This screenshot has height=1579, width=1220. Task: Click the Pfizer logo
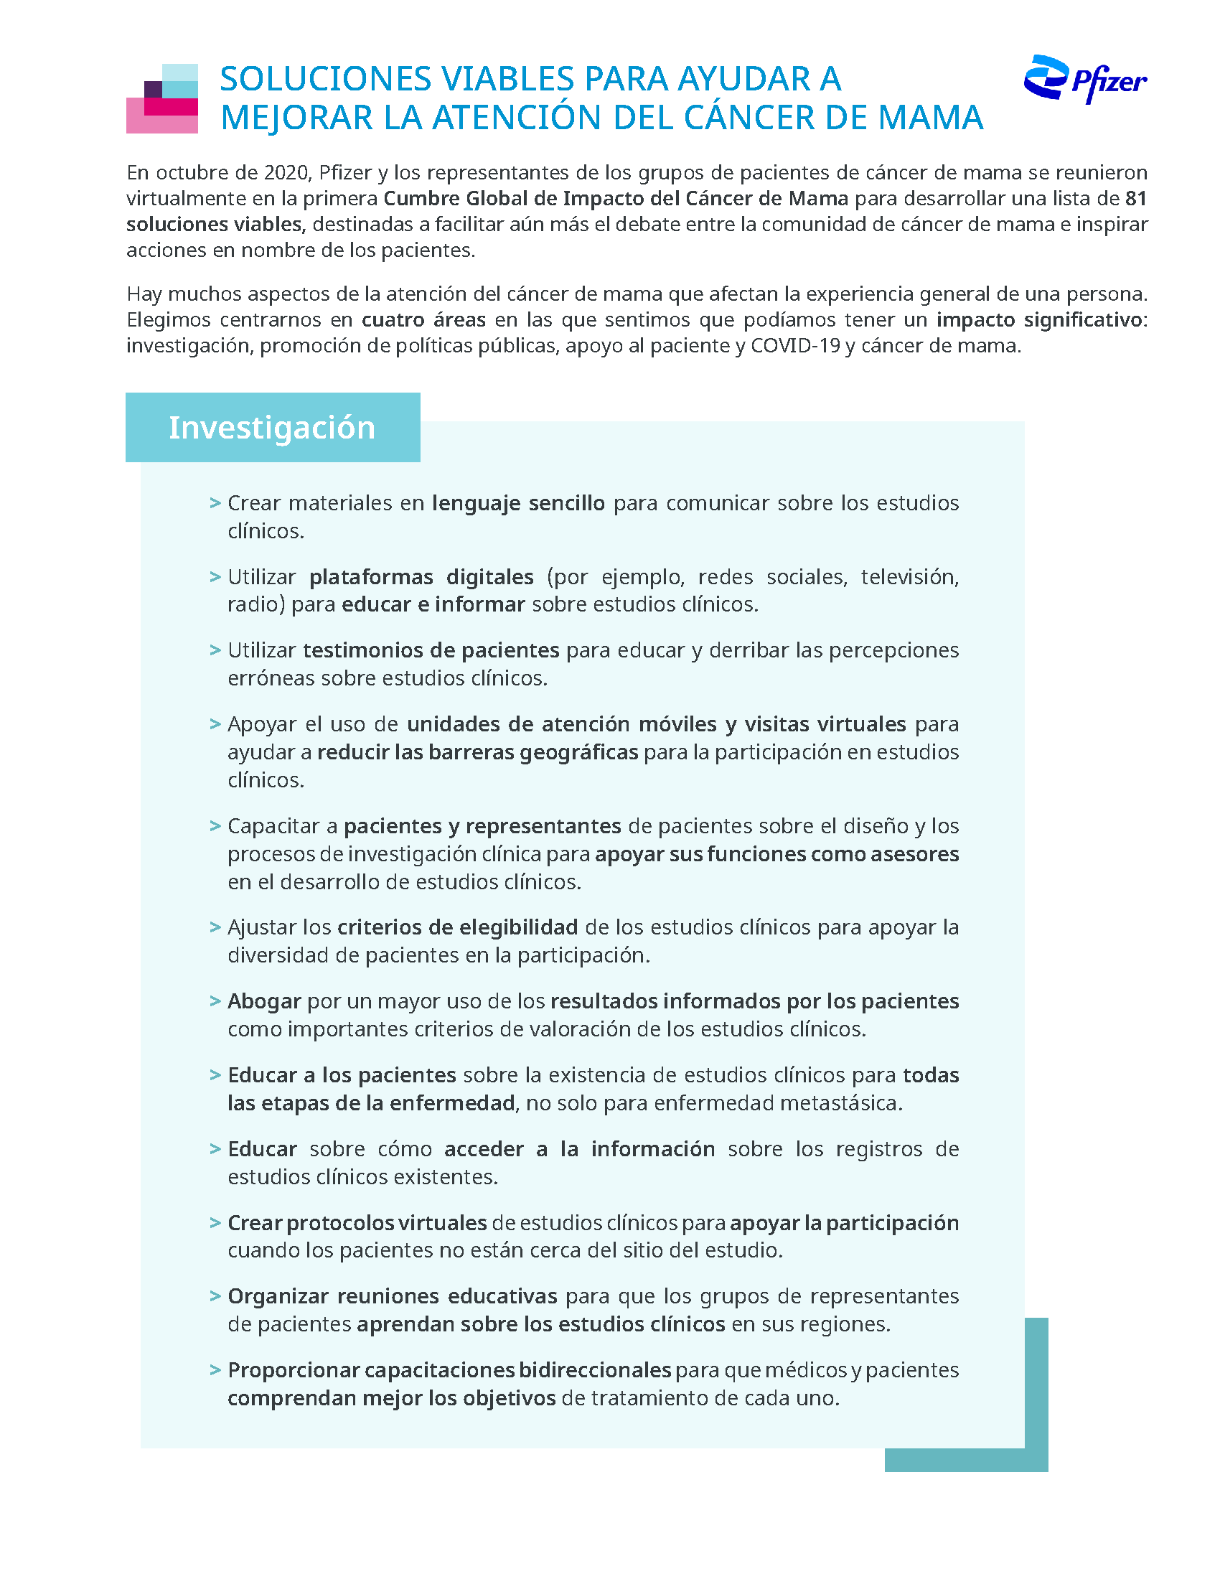tap(1084, 80)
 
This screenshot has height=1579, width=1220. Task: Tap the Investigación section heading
tap(272, 427)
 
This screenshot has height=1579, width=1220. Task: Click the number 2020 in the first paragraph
tap(286, 173)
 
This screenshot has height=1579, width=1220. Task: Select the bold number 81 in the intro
tap(1135, 199)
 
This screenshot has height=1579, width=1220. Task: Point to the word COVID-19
tap(795, 347)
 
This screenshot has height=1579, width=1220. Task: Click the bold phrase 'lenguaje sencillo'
tap(518, 503)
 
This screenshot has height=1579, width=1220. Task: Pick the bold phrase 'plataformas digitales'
tap(421, 577)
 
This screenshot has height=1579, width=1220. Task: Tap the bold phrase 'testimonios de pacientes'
tap(431, 651)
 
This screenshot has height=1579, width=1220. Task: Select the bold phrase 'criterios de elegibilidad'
tap(458, 927)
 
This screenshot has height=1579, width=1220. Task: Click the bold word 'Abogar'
tap(264, 1001)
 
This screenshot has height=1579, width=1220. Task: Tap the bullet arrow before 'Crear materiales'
tap(215, 503)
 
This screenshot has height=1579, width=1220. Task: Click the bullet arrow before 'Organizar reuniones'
tap(215, 1296)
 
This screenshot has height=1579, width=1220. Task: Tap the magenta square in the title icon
tap(171, 107)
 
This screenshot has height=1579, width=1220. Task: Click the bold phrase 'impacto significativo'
tap(1039, 320)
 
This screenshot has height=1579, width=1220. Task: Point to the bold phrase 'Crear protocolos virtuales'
tap(357, 1223)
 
